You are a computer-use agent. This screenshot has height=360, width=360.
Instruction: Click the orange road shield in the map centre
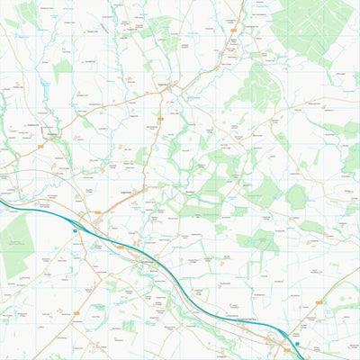pyautogui.click(x=160, y=118)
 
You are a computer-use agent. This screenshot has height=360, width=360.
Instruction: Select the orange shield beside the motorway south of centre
pyautogui.click(x=120, y=247)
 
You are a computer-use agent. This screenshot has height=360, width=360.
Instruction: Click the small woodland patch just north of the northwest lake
pyautogui.click(x=62, y=70)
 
